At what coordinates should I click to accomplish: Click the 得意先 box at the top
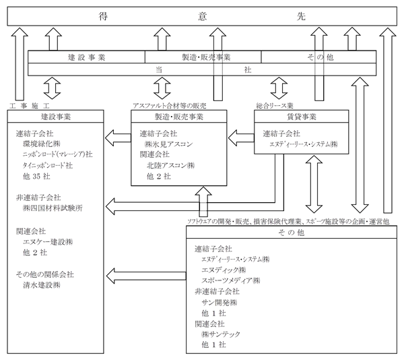pyautogui.click(x=202, y=16)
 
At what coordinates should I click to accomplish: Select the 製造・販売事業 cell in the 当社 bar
pyautogui.click(x=203, y=57)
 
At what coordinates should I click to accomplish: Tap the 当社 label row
pyautogui.click(x=202, y=69)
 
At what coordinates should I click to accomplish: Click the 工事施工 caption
pyautogui.click(x=30, y=106)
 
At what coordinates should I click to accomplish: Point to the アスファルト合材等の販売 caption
pyautogui.click(x=169, y=106)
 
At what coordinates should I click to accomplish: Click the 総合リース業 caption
pyautogui.click(x=275, y=106)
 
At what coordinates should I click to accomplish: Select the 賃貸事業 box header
pyautogui.click(x=302, y=117)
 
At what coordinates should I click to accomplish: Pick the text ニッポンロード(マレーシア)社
pyautogui.click(x=57, y=154)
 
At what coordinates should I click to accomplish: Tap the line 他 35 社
pyautogui.click(x=36, y=176)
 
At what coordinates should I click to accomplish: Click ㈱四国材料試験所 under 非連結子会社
pyautogui.click(x=53, y=208)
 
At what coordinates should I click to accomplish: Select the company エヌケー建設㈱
pyautogui.click(x=48, y=242)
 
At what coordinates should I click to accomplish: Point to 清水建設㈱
pyautogui.click(x=42, y=285)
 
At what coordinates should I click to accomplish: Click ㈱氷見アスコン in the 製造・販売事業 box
pyautogui.click(x=168, y=144)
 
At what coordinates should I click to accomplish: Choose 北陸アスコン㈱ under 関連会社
pyautogui.click(x=170, y=165)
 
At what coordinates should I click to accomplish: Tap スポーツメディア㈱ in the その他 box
pyautogui.click(x=230, y=280)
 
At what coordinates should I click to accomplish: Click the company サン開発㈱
pyautogui.click(x=220, y=302)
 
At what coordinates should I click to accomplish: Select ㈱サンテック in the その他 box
pyautogui.click(x=221, y=334)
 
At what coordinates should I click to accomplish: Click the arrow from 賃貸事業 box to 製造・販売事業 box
pyautogui.click(x=241, y=138)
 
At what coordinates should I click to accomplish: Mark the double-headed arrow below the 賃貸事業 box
pyautogui.click(x=314, y=184)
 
